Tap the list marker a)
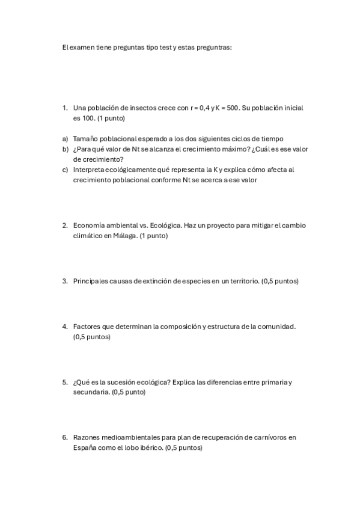click(x=64, y=138)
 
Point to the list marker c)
click(x=64, y=170)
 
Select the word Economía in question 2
click(x=89, y=226)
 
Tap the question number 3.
click(x=64, y=281)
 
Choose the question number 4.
click(x=64, y=327)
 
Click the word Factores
click(x=87, y=327)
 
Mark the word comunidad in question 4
click(x=276, y=327)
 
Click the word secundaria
click(x=91, y=392)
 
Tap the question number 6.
click(x=64, y=437)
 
